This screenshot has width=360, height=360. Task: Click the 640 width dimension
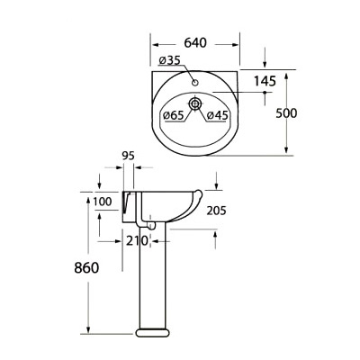coord(195,42)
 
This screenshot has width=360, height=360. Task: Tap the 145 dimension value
coord(265,82)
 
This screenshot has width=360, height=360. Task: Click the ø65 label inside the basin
coord(174,115)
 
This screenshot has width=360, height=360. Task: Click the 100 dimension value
coord(103,202)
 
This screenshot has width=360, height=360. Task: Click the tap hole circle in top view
coord(196,84)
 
